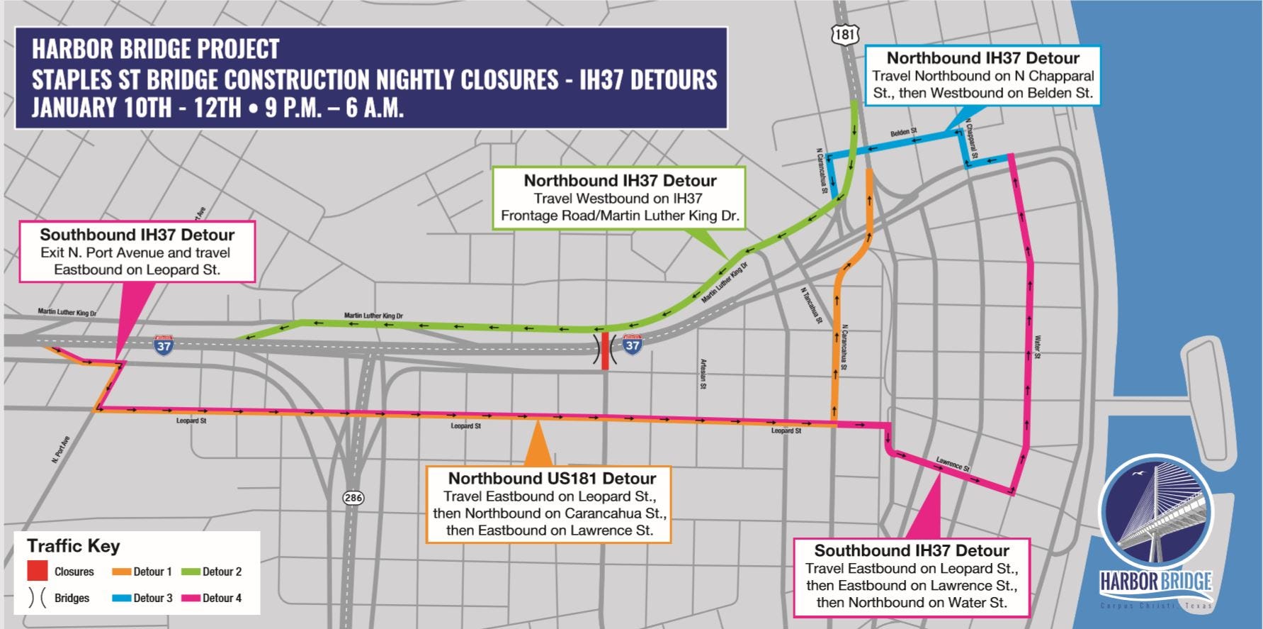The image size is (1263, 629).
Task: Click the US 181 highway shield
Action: tap(845, 33)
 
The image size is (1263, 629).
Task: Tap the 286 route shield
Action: tap(353, 497)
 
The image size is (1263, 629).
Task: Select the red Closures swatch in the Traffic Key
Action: tap(38, 571)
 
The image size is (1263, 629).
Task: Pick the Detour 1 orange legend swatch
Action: tap(122, 572)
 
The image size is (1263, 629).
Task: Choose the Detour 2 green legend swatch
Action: tap(191, 572)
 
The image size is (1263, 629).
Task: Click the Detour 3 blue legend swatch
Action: tap(122, 598)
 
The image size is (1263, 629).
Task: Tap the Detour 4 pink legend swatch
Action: tap(191, 598)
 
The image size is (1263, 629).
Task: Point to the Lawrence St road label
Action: tap(952, 464)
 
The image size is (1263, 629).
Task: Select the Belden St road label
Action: tap(903, 133)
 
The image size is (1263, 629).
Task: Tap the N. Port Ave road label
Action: tap(61, 450)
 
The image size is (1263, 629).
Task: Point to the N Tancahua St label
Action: tap(811, 305)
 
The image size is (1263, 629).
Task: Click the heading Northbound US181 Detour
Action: tap(552, 479)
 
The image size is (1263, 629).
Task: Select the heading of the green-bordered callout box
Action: tap(620, 181)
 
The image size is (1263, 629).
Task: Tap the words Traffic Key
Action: tap(74, 546)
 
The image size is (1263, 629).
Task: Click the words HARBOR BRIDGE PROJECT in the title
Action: tap(156, 49)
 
